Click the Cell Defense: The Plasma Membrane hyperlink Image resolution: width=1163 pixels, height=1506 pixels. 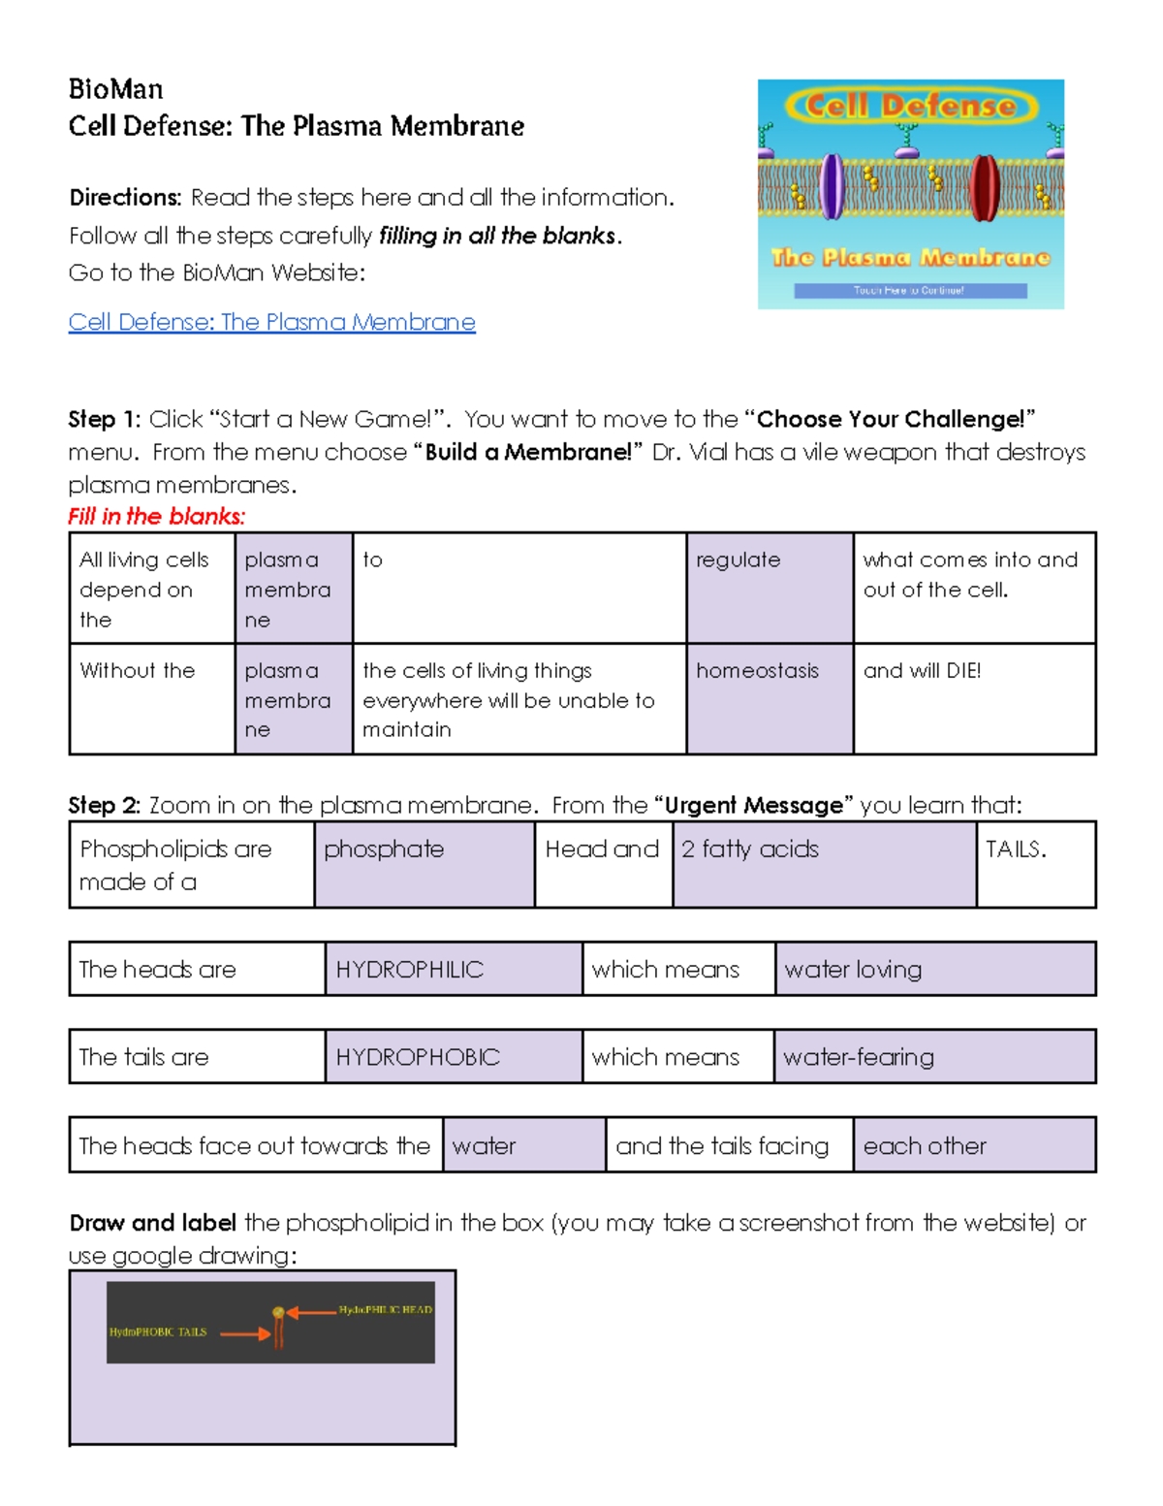pyautogui.click(x=271, y=322)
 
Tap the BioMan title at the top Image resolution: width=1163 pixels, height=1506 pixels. pyautogui.click(x=115, y=89)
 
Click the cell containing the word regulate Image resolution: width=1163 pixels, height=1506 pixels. pyautogui.click(x=770, y=587)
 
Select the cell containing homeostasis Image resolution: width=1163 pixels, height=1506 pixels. pyautogui.click(x=770, y=698)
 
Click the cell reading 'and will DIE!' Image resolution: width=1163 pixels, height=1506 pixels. pyautogui.click(x=974, y=698)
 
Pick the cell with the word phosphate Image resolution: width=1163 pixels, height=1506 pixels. pyautogui.click(x=424, y=864)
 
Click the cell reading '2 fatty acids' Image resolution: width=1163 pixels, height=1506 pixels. pyautogui.click(x=824, y=864)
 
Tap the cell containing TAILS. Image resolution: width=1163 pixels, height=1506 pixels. pyautogui.click(x=1035, y=864)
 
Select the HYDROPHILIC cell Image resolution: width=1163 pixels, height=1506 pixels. pyautogui.click(x=453, y=969)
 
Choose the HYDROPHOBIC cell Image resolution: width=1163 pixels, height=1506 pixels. pyautogui.click(x=453, y=1056)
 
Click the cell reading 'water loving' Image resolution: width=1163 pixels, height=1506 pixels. pyautogui.click(x=934, y=969)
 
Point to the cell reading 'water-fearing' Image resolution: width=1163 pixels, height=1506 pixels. pyautogui.click(x=934, y=1056)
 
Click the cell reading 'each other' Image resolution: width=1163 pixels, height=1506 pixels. pyautogui.click(x=973, y=1145)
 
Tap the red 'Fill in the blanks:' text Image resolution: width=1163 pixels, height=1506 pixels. pyautogui.click(x=157, y=516)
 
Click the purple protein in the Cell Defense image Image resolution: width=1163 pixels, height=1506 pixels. pyautogui.click(x=832, y=186)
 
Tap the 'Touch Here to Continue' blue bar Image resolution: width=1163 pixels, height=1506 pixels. pyautogui.click(x=909, y=290)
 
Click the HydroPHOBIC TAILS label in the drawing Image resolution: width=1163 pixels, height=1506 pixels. pyautogui.click(x=158, y=1332)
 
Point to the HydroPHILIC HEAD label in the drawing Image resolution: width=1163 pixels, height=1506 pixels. pyautogui.click(x=385, y=1310)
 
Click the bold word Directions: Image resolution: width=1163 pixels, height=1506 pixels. pyautogui.click(x=125, y=198)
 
